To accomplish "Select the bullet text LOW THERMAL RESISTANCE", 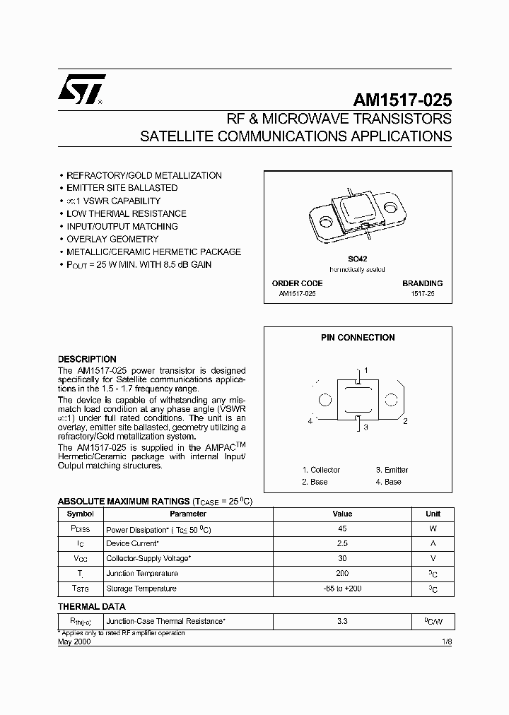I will tap(126, 213).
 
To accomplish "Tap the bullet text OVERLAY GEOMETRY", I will tap(112, 239).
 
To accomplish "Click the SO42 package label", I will tap(358, 260).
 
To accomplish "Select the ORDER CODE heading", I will tap(297, 283).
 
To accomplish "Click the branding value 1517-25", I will tap(423, 293).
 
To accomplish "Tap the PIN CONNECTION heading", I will tap(358, 338).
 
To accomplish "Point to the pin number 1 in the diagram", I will tap(365, 370).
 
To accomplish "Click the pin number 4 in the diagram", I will tap(310, 422).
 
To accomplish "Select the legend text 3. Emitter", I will tap(392, 470).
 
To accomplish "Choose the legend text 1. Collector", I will tap(321, 470).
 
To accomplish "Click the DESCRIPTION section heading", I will tap(87, 359).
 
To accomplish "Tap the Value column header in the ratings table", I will tap(342, 514).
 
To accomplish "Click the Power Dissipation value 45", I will tap(342, 528).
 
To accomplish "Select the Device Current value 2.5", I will tap(342, 543).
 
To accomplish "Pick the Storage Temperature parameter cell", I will tap(141, 589).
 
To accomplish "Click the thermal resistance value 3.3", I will tap(342, 622).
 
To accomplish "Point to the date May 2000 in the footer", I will tap(74, 641).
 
